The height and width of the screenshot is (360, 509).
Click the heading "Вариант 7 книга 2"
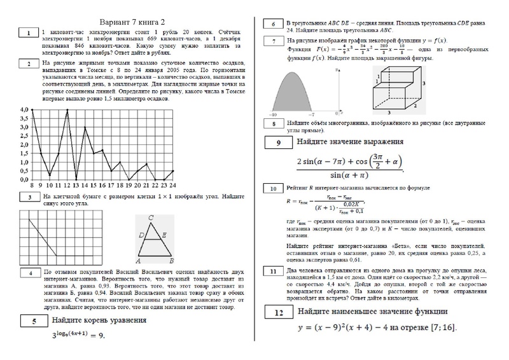click(129, 15)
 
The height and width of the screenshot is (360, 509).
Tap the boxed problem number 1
click(28, 32)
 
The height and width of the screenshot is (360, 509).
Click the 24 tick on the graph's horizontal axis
click(173, 186)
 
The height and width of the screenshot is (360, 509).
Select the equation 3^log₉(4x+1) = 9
click(78, 335)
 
